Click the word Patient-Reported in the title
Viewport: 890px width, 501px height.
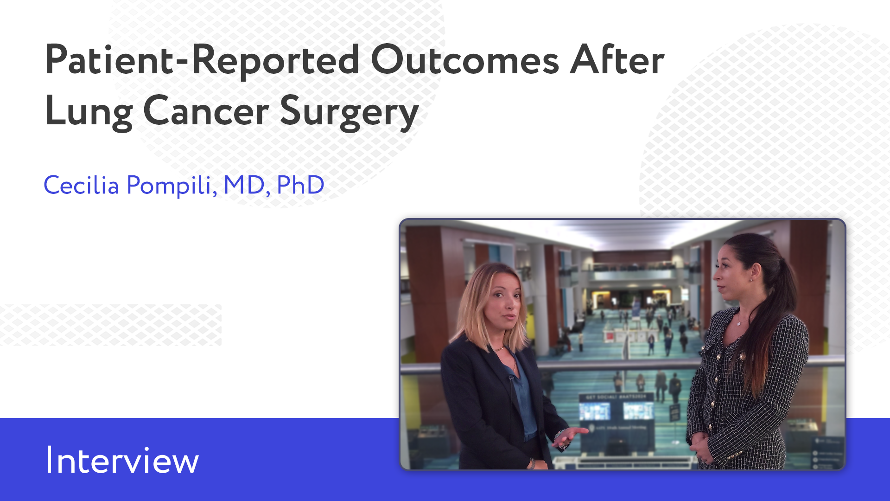202,60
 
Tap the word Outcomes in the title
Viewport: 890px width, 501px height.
465,60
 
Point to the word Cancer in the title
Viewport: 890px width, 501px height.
206,111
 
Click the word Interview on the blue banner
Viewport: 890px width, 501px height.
122,460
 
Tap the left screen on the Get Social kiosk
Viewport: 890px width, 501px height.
594,411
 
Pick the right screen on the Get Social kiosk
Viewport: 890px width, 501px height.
638,410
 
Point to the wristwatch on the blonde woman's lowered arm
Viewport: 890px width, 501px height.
532,462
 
